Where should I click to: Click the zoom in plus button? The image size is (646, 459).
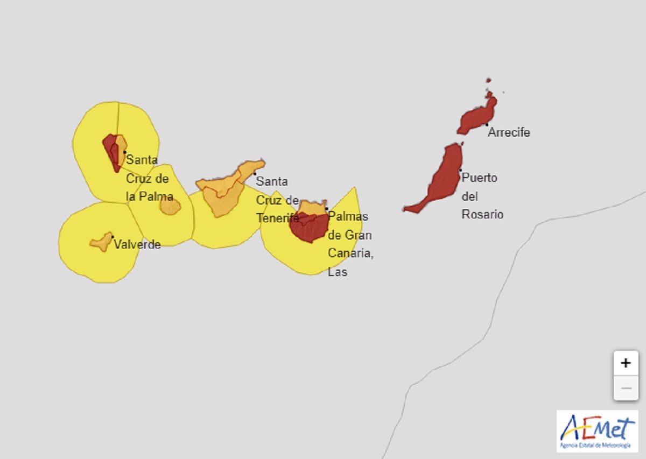click(x=626, y=363)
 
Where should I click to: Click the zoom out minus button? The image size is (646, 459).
click(x=626, y=388)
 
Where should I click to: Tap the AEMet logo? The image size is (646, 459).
click(x=597, y=431)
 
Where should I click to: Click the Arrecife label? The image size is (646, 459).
click(x=509, y=132)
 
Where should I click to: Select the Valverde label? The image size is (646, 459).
click(x=137, y=244)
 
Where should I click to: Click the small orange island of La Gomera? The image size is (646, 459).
click(x=170, y=206)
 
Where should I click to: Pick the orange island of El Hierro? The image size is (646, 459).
click(x=101, y=243)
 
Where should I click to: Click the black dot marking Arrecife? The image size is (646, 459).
click(x=487, y=125)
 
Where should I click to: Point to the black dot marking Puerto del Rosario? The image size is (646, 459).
click(x=460, y=170)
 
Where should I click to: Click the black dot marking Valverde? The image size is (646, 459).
click(x=112, y=237)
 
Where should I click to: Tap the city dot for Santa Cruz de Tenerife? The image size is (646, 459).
click(x=255, y=174)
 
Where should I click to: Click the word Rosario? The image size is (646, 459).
click(x=482, y=214)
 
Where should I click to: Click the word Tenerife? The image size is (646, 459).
click(x=277, y=218)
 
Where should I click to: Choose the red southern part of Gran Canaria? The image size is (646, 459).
click(x=309, y=229)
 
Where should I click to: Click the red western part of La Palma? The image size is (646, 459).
click(x=111, y=151)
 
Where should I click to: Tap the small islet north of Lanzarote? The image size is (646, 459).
click(x=488, y=80)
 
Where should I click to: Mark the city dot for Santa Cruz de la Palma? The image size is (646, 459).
click(x=125, y=152)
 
